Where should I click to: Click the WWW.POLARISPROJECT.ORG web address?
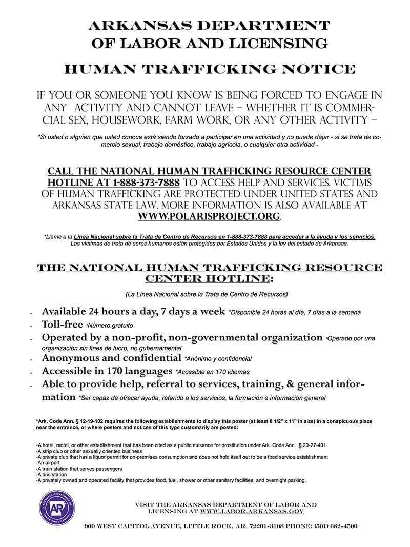[x=209, y=216]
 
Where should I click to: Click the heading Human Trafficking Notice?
[x=210, y=69]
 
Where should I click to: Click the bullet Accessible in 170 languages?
[x=107, y=371]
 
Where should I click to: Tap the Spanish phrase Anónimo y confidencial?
[x=218, y=358]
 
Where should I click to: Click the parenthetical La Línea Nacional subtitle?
[x=207, y=294]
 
